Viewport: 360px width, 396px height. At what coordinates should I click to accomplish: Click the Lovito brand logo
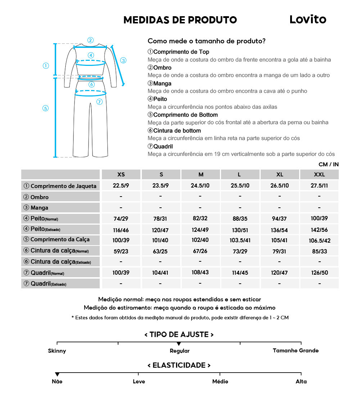(308, 19)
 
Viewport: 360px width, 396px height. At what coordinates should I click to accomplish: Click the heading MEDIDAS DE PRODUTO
(180, 20)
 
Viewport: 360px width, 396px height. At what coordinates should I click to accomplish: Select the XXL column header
(319, 175)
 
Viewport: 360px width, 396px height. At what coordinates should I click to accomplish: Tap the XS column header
(121, 175)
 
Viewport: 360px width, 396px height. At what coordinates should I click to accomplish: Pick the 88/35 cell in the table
(240, 219)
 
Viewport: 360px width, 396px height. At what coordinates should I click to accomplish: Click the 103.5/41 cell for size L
(240, 240)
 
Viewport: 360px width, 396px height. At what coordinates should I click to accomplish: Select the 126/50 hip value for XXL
(319, 273)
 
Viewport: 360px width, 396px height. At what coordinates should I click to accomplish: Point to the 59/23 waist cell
(121, 251)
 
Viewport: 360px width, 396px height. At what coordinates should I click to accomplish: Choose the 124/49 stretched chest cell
(201, 230)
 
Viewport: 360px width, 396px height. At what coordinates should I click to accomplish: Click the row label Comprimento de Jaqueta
(60, 186)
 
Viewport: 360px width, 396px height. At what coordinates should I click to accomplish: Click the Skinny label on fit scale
(57, 351)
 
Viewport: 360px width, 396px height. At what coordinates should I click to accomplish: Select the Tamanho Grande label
(296, 351)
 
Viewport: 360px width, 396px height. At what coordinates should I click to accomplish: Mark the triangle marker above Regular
(179, 344)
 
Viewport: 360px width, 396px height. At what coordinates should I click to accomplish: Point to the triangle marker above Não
(57, 375)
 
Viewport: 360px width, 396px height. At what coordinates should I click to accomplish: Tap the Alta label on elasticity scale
(301, 382)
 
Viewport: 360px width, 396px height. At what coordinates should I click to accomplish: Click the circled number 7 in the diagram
(100, 102)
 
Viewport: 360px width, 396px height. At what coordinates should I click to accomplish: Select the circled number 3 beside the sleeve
(123, 60)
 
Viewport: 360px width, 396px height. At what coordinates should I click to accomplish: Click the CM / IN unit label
(328, 165)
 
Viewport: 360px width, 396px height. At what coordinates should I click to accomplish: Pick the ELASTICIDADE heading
(179, 365)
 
